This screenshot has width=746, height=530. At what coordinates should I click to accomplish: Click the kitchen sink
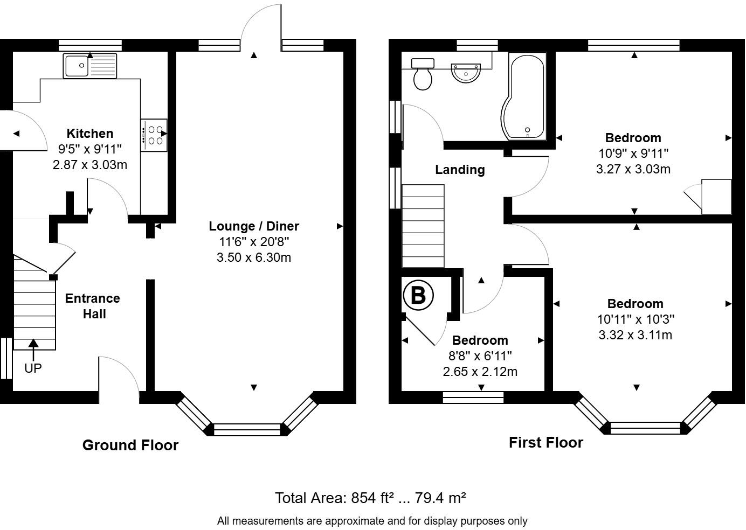[x=90, y=66]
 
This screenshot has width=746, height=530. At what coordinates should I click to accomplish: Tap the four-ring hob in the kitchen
[x=154, y=135]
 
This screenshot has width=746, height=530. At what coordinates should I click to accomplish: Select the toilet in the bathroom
[x=423, y=74]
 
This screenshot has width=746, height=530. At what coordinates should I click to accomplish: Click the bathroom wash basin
[x=466, y=73]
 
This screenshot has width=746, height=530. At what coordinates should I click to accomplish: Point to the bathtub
[x=524, y=96]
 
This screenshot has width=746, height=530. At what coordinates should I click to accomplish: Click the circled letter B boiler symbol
[x=418, y=295]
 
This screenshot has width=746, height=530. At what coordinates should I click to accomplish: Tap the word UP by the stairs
[x=33, y=368]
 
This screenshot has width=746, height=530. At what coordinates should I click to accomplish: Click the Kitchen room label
[x=90, y=134]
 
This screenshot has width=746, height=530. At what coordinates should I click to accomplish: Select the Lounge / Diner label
[x=254, y=226]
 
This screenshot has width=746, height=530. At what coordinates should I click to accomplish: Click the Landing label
[x=460, y=170]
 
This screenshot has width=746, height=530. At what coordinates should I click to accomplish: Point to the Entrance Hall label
[x=93, y=306]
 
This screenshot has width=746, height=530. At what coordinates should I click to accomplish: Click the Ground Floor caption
[x=130, y=445]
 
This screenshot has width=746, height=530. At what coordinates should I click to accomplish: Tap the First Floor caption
[x=546, y=443]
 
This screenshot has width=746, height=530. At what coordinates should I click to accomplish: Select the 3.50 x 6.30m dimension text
[x=254, y=257]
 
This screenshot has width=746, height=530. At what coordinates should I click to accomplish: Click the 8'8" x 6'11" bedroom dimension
[x=480, y=355]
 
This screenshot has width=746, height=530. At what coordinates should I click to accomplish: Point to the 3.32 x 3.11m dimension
[x=635, y=334]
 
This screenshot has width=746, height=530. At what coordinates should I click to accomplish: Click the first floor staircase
[x=423, y=226]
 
